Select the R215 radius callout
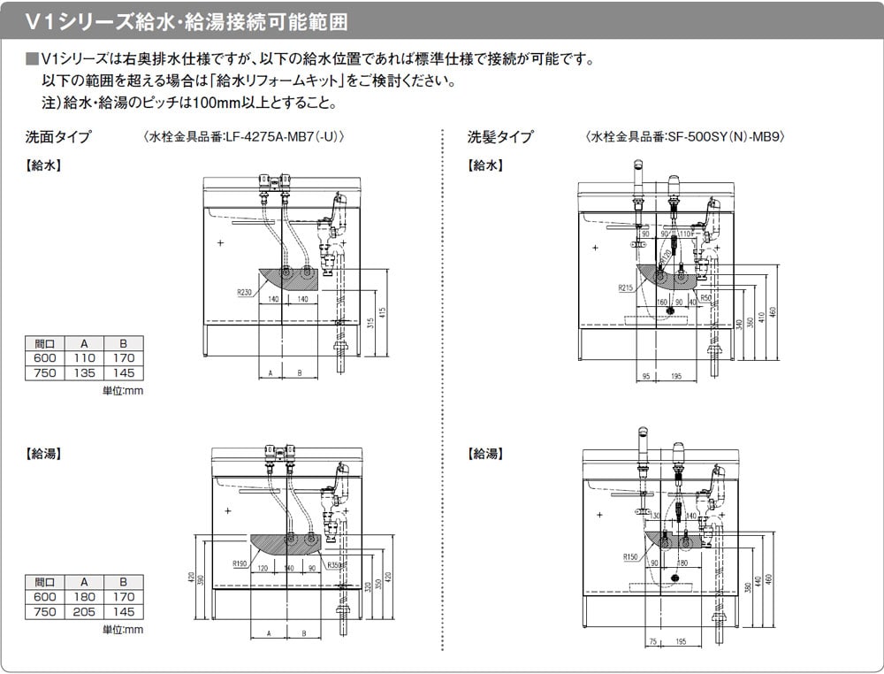coord(626,287)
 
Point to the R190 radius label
coord(240,563)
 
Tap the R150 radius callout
coord(629,556)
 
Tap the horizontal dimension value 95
coord(645,376)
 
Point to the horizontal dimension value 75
coord(652,641)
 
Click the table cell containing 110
coord(85,358)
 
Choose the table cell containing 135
coord(85,372)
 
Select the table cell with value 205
coord(85,611)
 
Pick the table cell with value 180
coord(85,597)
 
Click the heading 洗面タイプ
coord(58,137)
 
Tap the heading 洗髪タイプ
coord(500,137)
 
